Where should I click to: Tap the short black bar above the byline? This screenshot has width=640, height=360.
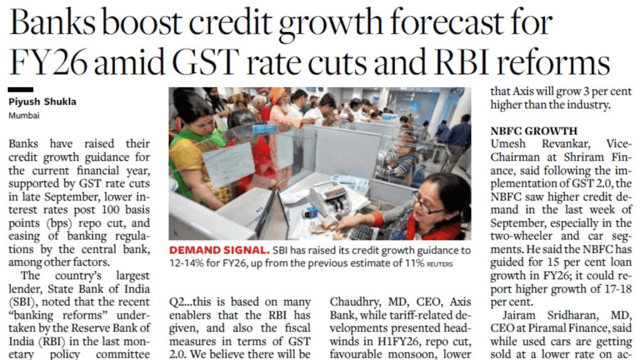pyautogui.click(x=21, y=91)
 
